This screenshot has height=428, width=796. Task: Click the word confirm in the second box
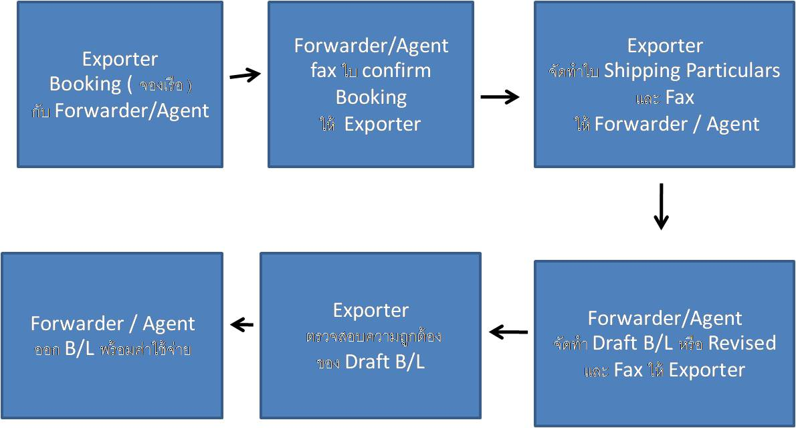point(398,71)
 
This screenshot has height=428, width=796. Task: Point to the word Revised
point(742,343)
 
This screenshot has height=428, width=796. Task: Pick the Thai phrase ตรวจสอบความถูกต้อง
point(371,336)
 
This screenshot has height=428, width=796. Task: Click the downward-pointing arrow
point(661,206)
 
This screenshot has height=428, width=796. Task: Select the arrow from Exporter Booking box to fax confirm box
point(245,76)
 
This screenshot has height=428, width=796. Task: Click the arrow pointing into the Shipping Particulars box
point(500,97)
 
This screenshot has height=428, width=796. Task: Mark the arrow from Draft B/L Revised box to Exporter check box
point(508,332)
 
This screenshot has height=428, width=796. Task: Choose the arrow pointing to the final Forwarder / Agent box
point(242,325)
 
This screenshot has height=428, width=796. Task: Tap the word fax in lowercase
point(323,71)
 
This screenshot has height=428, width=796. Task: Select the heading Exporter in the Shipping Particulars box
point(665,46)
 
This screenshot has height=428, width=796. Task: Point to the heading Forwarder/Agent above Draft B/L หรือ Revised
point(665,317)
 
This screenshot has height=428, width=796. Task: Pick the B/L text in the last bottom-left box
point(79,349)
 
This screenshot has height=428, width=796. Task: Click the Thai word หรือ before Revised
point(690,344)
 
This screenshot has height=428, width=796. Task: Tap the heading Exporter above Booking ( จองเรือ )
point(120,59)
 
